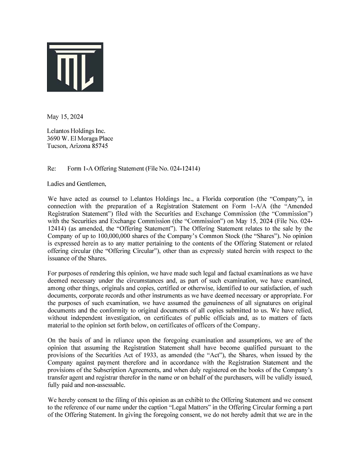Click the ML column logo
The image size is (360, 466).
(x=75, y=67)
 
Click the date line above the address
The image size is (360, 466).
(x=65, y=117)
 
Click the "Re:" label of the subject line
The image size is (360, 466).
(x=52, y=168)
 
